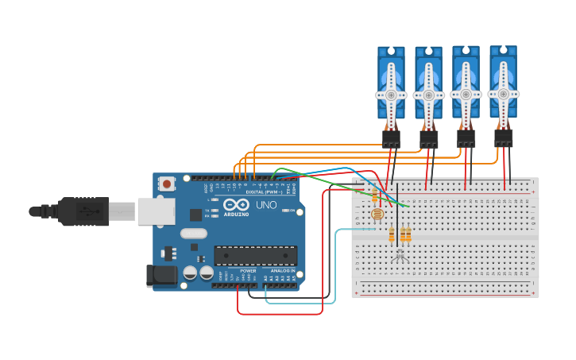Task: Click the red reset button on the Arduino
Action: (167, 184)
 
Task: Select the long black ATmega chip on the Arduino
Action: (255, 256)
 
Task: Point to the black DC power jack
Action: (160, 275)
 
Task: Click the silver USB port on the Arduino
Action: (156, 211)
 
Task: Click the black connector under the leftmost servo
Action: (391, 139)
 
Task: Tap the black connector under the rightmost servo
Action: (504, 138)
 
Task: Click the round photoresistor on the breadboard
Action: (377, 214)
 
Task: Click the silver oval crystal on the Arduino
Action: (193, 234)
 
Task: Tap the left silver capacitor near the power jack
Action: (191, 273)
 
